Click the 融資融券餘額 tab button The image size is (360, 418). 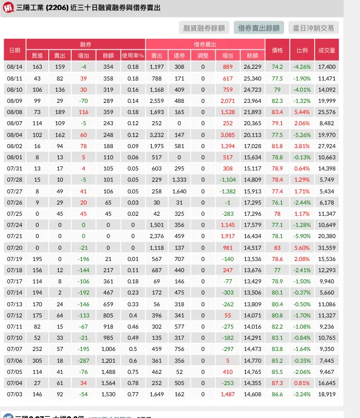204,28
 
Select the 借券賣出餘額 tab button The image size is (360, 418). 258,28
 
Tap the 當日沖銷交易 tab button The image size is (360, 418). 314,28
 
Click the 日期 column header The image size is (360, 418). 14,50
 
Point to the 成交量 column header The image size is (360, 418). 326,50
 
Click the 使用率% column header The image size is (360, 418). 133,55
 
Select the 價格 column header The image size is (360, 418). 277,50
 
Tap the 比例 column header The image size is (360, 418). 302,50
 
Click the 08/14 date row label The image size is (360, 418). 14,67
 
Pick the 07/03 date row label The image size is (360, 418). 14,394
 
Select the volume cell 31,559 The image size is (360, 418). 326,248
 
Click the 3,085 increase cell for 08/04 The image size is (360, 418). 228,135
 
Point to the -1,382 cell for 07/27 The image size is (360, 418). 228,191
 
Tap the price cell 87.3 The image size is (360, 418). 277,383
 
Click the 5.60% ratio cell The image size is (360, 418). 302,248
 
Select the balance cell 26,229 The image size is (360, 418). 252,67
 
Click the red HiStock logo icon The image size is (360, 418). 8,8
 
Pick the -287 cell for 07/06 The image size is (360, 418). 84,360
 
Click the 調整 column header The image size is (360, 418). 203,55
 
